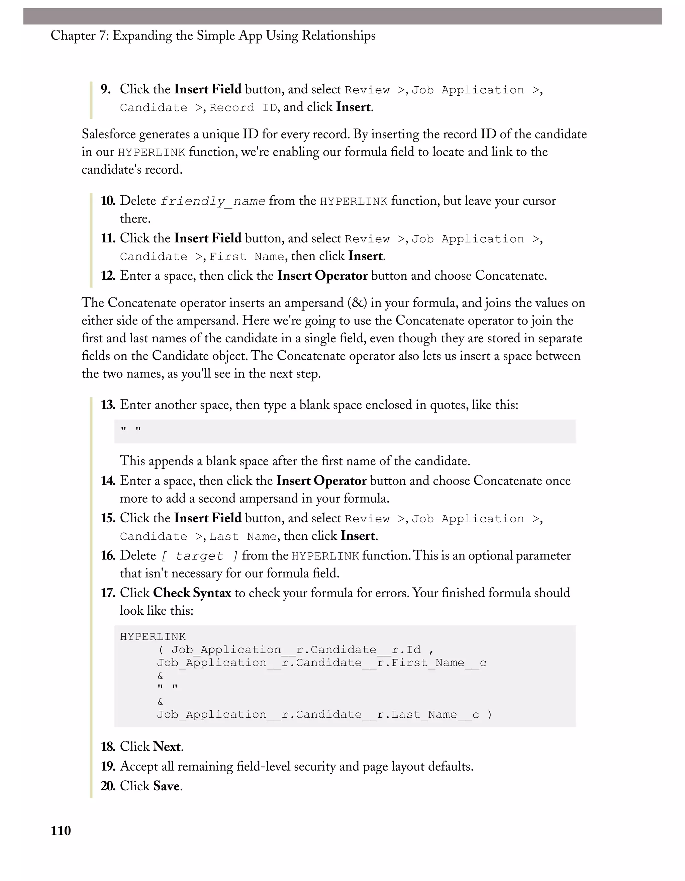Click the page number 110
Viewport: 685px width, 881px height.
(61, 830)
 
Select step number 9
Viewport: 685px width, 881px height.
(106, 89)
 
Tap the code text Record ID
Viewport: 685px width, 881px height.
(243, 108)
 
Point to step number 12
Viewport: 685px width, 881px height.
(108, 276)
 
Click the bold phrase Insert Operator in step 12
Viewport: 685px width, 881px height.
(322, 276)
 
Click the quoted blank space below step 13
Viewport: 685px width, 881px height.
(131, 429)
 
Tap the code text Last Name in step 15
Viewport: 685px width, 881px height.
(243, 536)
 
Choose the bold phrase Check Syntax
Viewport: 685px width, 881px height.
(192, 593)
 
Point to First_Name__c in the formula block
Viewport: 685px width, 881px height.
(439, 663)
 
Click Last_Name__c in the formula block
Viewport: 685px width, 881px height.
(435, 715)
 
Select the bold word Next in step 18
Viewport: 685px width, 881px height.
(167, 747)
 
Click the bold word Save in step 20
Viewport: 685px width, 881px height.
(166, 786)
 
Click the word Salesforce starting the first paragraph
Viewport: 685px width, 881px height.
(107, 134)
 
